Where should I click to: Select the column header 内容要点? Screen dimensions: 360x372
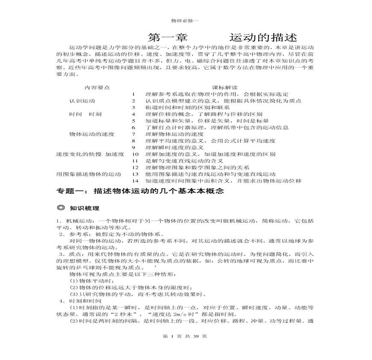click(x=97, y=87)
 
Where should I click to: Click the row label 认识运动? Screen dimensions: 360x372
click(x=83, y=101)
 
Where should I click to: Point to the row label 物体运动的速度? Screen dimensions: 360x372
click(x=92, y=134)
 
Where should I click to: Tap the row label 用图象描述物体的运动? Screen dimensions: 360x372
click(x=89, y=174)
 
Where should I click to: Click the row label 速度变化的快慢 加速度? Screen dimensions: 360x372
click(x=90, y=154)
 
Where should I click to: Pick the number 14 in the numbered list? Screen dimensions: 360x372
click(x=136, y=181)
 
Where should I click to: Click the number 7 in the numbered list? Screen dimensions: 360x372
click(x=134, y=134)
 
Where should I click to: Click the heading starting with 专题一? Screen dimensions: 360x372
click(x=140, y=192)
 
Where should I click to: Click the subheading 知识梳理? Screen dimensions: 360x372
click(x=85, y=208)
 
